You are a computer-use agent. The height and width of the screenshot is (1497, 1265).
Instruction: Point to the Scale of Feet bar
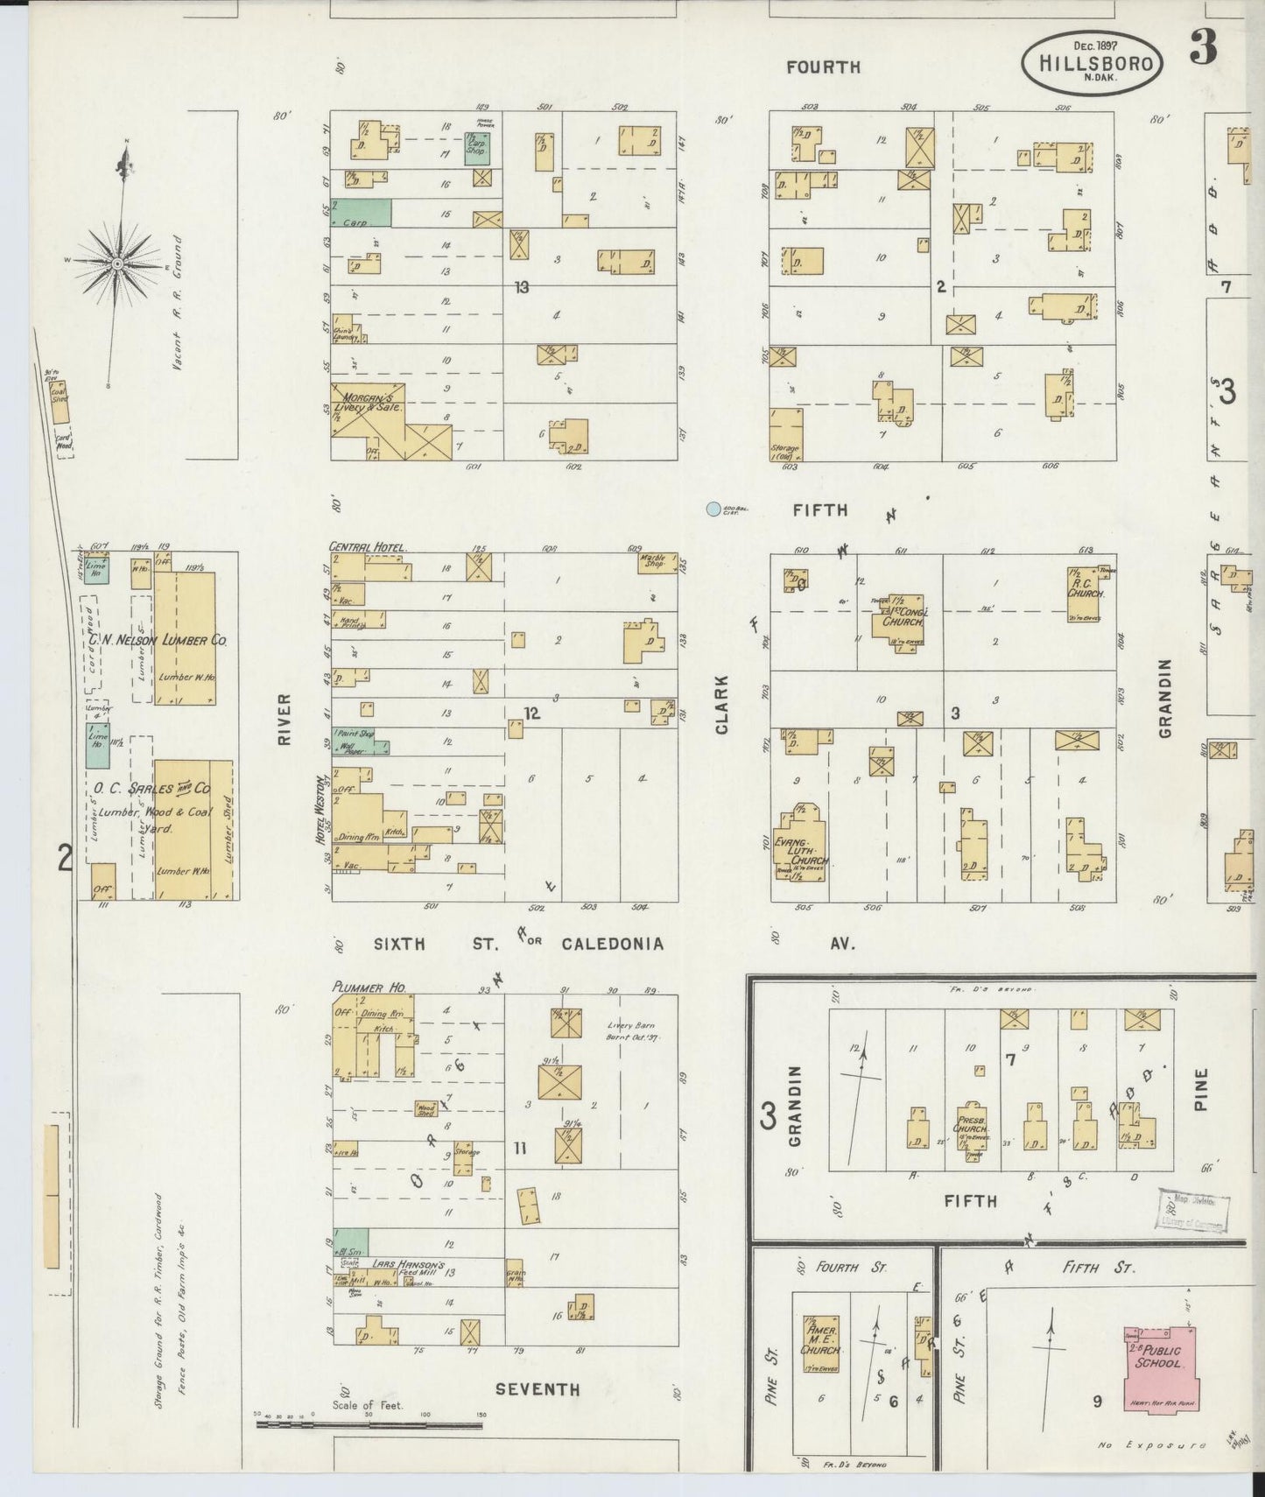pos(369,1425)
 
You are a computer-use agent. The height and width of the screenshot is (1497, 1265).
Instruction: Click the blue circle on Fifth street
pos(713,509)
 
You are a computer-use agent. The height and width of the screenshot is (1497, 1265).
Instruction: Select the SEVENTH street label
pos(537,1389)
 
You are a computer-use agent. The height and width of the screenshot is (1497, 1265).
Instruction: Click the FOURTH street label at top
pos(823,67)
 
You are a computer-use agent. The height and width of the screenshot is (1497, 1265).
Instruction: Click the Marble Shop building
pos(657,563)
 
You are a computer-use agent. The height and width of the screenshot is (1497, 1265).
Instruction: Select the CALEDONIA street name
pos(612,944)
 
